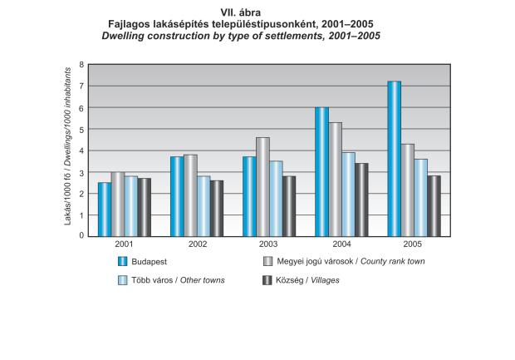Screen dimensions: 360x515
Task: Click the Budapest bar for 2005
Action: tap(394, 159)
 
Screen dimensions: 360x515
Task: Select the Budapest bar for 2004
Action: tap(321, 172)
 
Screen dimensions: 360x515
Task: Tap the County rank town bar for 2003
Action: tap(262, 187)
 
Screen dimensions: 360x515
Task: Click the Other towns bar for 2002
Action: tap(203, 206)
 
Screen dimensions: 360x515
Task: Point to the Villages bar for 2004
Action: tap(361, 200)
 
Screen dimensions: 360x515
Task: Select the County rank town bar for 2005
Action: tap(407, 190)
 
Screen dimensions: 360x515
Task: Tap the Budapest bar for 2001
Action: tap(104, 210)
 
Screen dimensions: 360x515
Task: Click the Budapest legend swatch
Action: tap(122, 261)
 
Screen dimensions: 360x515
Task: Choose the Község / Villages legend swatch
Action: tap(267, 280)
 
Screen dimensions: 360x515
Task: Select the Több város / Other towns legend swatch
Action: tap(122, 280)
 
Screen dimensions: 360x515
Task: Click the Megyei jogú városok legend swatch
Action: tap(267, 261)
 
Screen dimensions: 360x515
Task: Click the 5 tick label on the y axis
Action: tap(81, 129)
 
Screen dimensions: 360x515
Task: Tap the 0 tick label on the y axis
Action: tap(81, 236)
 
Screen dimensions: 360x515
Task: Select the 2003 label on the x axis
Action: tap(268, 244)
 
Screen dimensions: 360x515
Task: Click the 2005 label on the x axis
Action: tap(413, 244)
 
